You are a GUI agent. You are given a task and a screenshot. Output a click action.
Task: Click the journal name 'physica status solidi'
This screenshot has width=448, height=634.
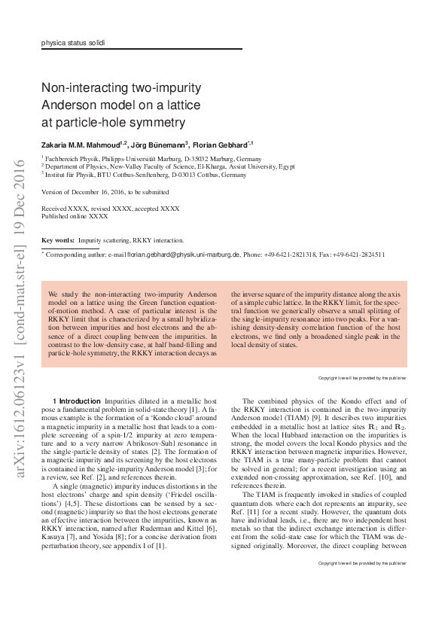73,43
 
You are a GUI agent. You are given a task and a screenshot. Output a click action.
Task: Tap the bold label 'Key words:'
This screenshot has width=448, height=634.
57,239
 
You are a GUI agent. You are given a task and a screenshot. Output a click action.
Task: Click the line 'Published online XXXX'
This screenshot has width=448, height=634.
75,215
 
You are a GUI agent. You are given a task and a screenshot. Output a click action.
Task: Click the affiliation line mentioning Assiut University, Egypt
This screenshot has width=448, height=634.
167,166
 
